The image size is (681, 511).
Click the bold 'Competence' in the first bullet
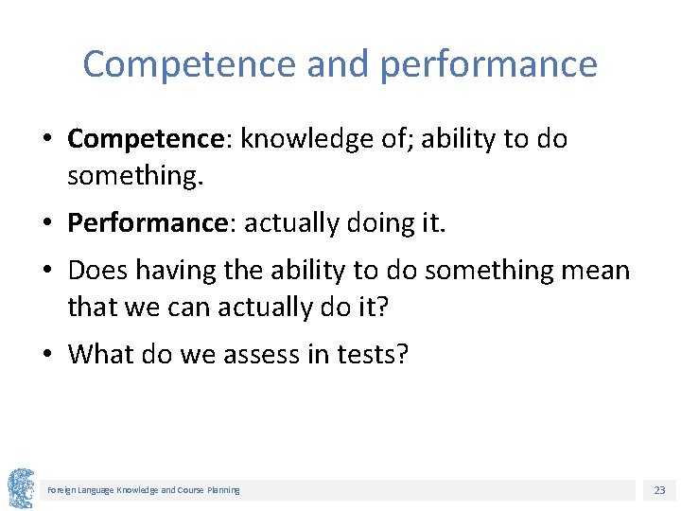click(x=144, y=139)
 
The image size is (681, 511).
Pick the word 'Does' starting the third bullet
click(x=98, y=271)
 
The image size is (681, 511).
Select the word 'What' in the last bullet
click(x=102, y=354)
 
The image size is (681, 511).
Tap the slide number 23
click(x=659, y=490)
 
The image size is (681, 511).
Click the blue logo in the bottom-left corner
click(x=21, y=488)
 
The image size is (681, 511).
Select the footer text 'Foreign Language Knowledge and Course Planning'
click(x=144, y=490)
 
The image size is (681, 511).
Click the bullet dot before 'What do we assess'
click(x=47, y=355)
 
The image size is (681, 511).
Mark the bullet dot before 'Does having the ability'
click(x=47, y=272)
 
